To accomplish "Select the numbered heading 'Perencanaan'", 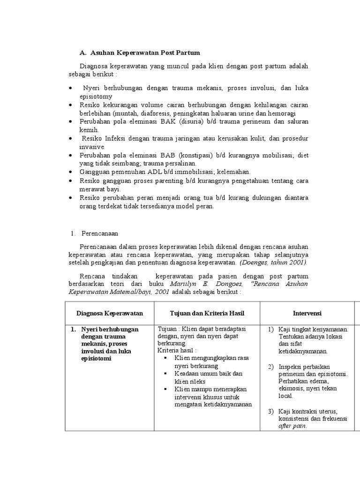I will click(99, 233).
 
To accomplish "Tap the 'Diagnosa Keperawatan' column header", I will click(110, 313).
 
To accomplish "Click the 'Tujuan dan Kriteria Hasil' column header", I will click(207, 313).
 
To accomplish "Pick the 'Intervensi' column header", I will click(307, 313).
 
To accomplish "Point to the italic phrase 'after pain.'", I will click(292, 426).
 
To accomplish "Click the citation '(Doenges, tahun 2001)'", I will click(274, 262).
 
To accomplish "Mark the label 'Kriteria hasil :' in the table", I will click(177, 350).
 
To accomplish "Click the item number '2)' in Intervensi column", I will click(271, 366).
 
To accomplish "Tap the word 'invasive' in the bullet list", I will click(91, 147).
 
